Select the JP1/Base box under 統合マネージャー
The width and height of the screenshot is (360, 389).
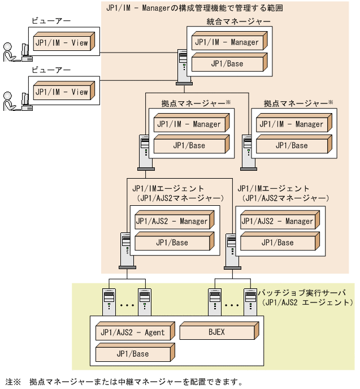click(x=227, y=63)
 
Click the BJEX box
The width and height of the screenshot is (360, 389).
click(x=216, y=332)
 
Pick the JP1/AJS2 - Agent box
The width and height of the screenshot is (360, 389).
click(x=133, y=332)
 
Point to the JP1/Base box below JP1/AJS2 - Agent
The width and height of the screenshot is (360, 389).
click(x=132, y=354)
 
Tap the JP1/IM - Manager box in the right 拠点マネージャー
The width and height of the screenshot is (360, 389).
click(x=292, y=124)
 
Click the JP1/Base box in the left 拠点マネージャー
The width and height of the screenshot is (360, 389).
click(x=189, y=145)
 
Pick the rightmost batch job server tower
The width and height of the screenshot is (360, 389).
click(x=249, y=300)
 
